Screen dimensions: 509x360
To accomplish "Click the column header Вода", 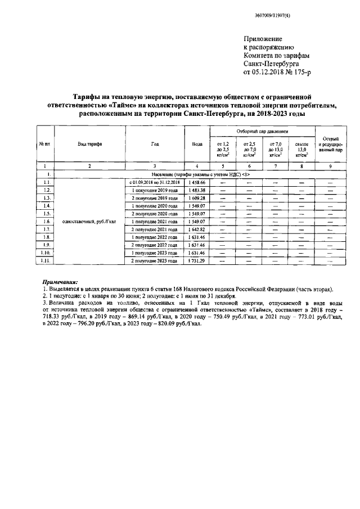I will point(197,144).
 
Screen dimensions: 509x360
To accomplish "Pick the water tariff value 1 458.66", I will point(197,183).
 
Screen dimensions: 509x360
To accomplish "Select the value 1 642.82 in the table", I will point(197,230).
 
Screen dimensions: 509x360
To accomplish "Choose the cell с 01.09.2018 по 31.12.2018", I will point(155,183).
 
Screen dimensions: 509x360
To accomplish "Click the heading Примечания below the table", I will point(60,281).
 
